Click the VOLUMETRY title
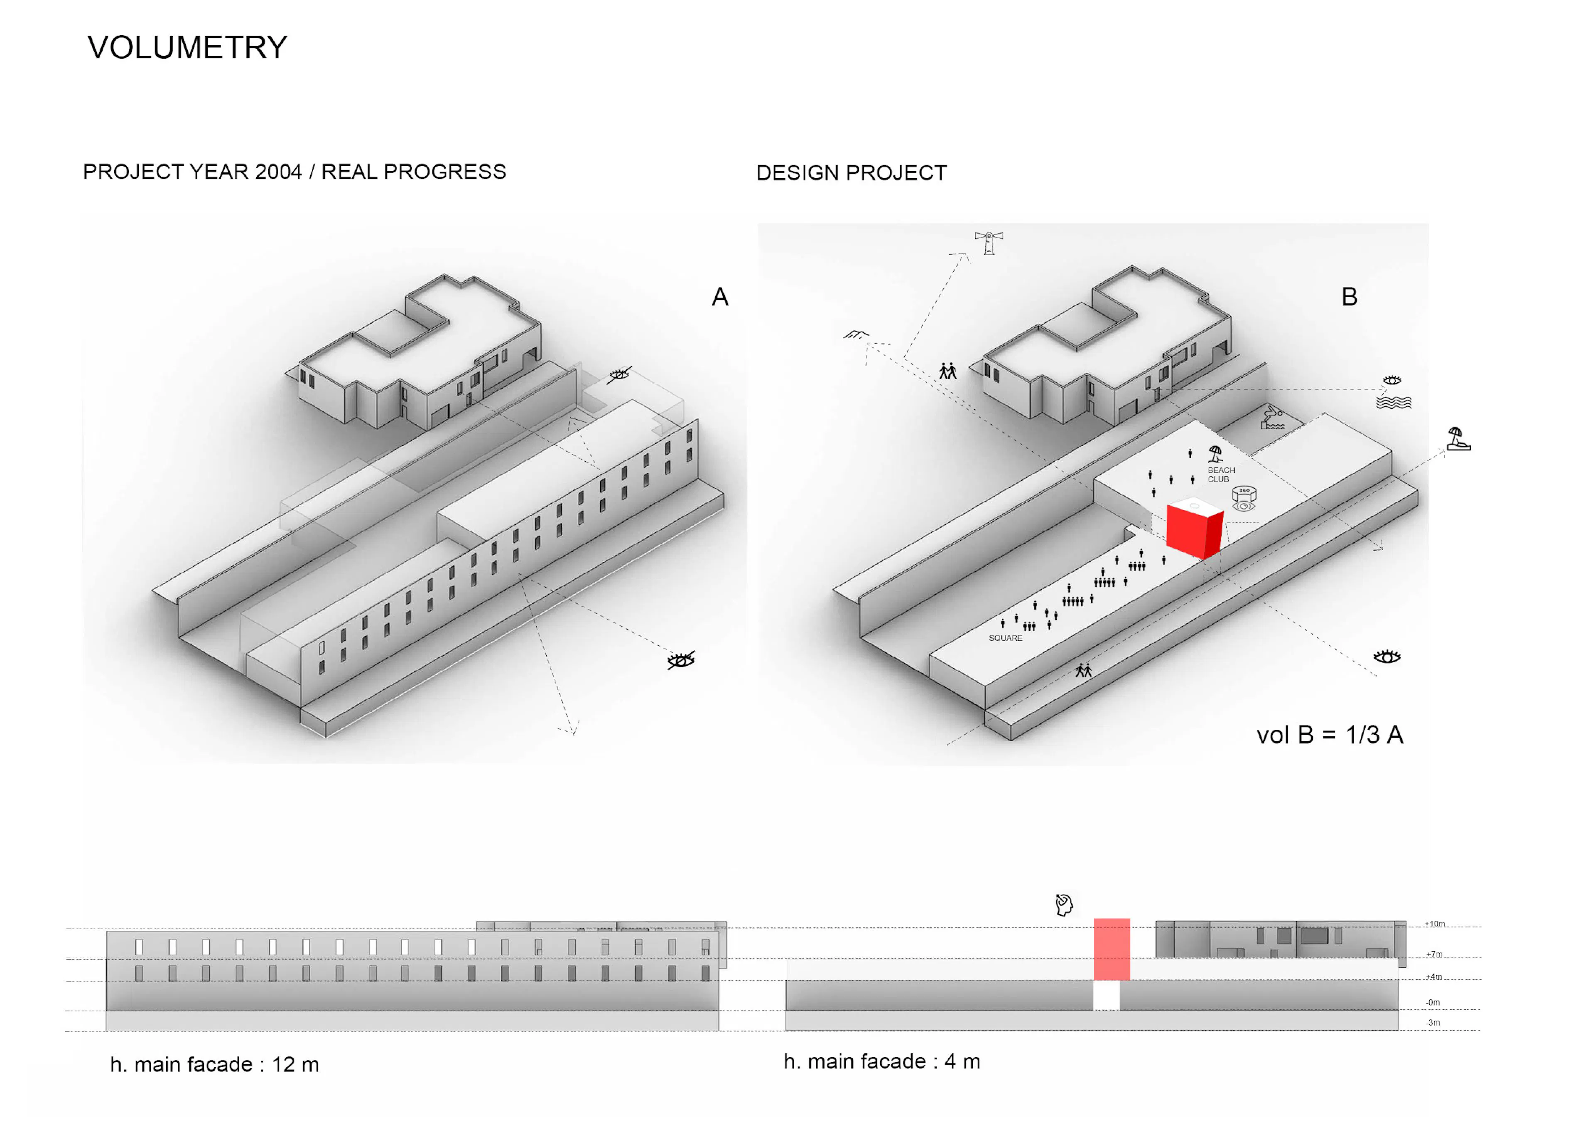coord(187,48)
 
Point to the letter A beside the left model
coord(720,298)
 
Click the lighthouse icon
coord(989,242)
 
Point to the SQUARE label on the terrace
coord(1005,638)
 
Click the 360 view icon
coord(1244,499)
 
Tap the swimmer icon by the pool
coord(1272,418)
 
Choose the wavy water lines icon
coord(1393,403)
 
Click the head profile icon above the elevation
coord(1064,904)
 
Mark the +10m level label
coord(1434,924)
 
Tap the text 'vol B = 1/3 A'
coord(1329,735)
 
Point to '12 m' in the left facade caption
coord(295,1065)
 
